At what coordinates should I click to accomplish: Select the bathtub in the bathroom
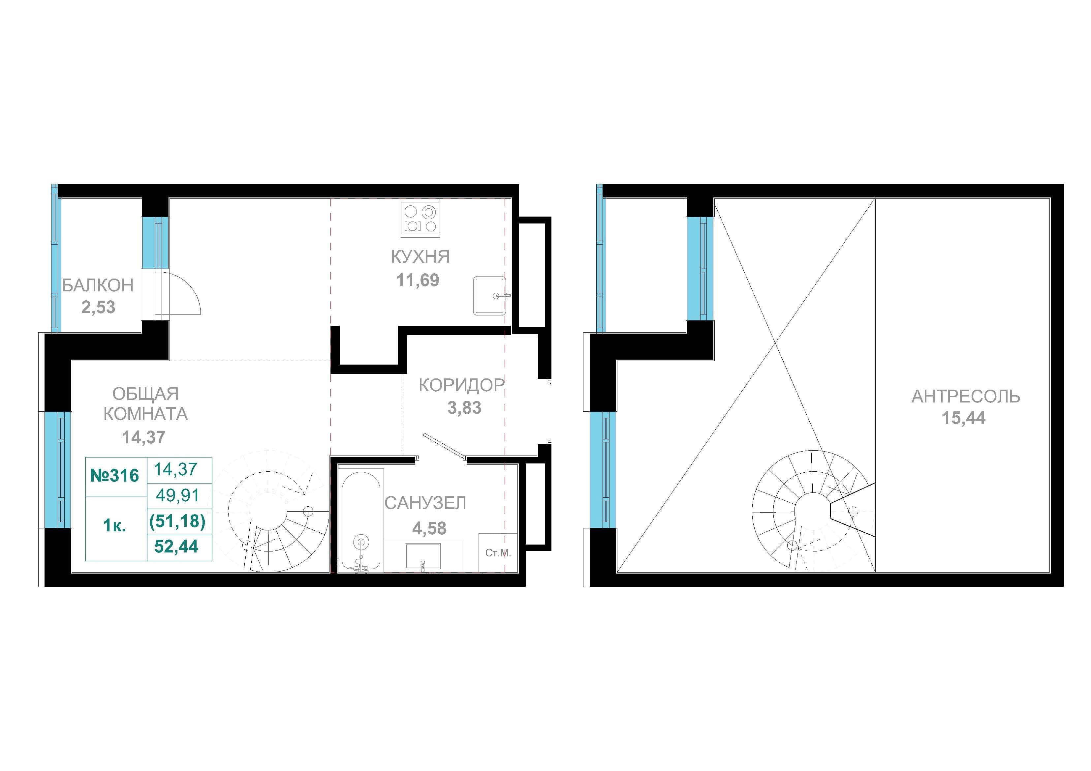point(361,520)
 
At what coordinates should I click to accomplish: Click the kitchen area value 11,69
point(418,280)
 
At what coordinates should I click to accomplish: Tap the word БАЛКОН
point(98,285)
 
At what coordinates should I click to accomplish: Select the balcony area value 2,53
point(98,307)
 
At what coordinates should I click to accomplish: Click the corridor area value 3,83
point(464,408)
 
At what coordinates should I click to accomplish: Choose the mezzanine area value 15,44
point(964,418)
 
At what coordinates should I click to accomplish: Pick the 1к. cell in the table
point(114,526)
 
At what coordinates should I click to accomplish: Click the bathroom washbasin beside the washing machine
point(422,556)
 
